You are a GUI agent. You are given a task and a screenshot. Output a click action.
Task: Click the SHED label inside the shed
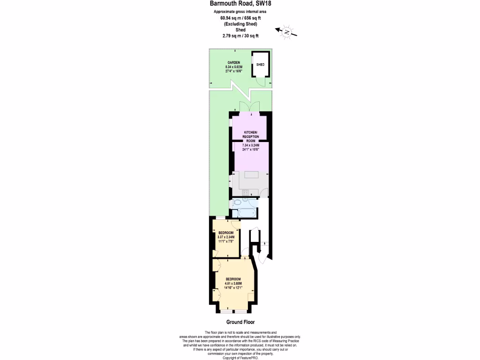pos(260,64)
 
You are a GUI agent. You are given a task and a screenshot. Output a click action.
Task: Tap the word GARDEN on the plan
pos(234,62)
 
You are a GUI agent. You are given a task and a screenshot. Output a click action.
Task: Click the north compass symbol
pos(286,32)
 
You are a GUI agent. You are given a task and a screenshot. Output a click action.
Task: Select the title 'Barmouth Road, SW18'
pos(240,4)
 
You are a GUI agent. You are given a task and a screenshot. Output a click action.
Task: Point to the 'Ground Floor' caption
pos(240,322)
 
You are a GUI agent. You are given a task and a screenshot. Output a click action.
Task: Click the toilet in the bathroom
pos(237,202)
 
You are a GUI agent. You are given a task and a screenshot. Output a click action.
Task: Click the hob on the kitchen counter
pos(245,192)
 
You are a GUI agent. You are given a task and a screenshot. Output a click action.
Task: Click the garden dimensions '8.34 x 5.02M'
pos(234,67)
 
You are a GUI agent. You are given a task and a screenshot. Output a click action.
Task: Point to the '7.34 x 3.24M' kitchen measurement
pos(251,145)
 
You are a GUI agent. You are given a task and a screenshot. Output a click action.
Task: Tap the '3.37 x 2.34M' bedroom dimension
pos(226,237)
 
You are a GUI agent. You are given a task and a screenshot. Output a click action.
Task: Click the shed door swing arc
pos(262,82)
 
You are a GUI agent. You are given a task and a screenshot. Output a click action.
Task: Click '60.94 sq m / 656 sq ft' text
pos(240,18)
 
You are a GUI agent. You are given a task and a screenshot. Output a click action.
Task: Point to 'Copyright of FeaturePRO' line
pos(240,358)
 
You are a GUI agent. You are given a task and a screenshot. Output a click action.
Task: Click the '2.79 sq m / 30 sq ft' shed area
pos(240,36)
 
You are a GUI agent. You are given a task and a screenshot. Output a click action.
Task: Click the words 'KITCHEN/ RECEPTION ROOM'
pos(251,136)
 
